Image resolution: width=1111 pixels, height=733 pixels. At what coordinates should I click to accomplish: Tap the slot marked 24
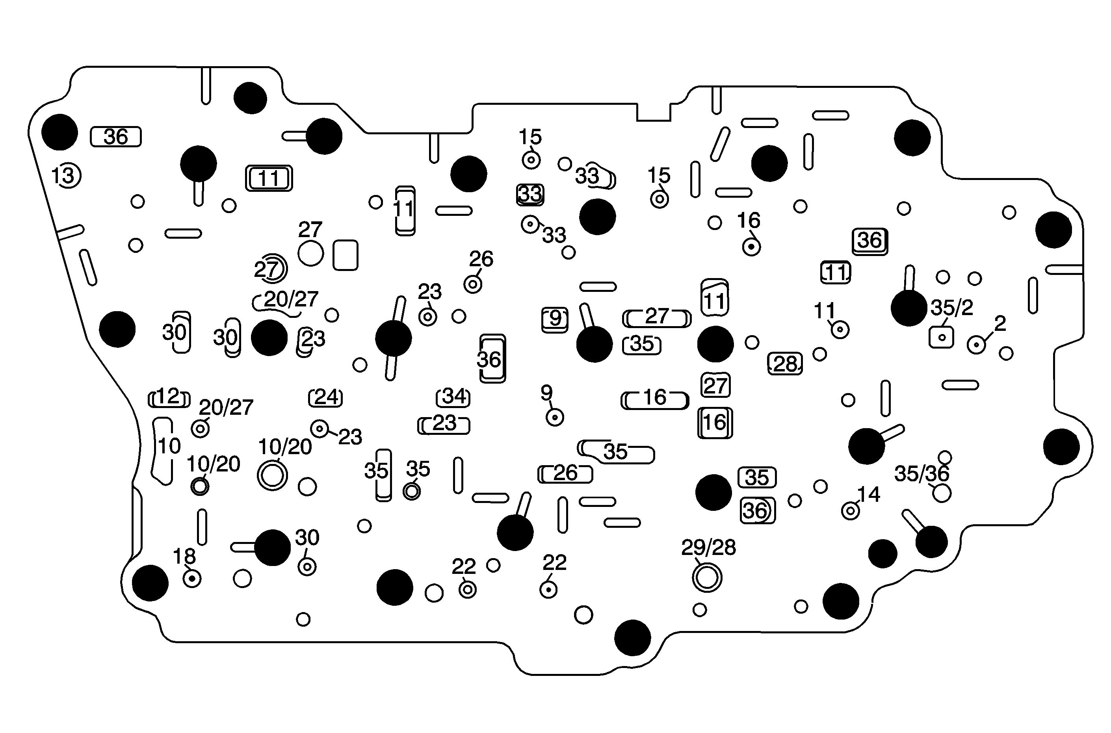click(326, 397)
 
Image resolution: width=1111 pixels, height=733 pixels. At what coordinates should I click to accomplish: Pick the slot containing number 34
click(453, 397)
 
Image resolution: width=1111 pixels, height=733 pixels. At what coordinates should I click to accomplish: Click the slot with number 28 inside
click(785, 364)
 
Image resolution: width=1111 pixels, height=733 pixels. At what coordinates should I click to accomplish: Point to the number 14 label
click(869, 495)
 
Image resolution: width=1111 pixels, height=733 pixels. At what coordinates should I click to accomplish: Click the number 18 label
click(184, 556)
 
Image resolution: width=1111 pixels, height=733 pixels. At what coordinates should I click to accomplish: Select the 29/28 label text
click(708, 547)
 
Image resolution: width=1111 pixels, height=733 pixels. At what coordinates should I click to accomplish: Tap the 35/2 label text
click(951, 308)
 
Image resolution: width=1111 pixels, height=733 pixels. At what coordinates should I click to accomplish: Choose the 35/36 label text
click(921, 474)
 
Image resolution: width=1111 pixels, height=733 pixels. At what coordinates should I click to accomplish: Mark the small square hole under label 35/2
click(942, 337)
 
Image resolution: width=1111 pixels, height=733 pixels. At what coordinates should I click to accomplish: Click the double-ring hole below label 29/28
click(707, 578)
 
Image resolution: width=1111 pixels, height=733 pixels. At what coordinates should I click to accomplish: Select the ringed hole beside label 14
click(850, 511)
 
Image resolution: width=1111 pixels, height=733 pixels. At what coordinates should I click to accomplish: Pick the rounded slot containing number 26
click(565, 474)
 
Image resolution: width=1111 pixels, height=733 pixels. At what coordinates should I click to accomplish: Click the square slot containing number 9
click(555, 319)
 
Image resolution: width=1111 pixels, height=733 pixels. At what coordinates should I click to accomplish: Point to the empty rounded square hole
click(346, 255)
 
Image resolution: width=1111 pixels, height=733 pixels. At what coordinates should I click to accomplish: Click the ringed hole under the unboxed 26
click(473, 284)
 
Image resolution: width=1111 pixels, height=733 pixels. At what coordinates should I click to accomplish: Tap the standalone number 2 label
click(1000, 323)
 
